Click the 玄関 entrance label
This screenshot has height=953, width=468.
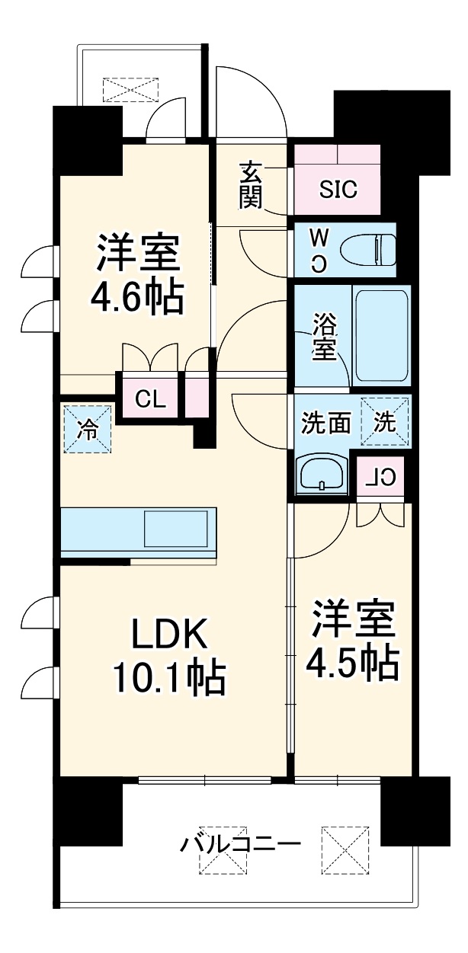(251, 185)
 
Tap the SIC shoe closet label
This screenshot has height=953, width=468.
(338, 190)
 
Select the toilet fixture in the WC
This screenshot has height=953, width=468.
(367, 249)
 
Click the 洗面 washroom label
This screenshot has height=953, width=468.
(325, 423)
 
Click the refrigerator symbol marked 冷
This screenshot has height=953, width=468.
(88, 429)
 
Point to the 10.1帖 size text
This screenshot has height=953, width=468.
(168, 676)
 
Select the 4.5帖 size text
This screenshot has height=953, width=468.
(352, 664)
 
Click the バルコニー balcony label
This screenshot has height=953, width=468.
(240, 844)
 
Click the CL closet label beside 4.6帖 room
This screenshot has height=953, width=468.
(150, 398)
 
